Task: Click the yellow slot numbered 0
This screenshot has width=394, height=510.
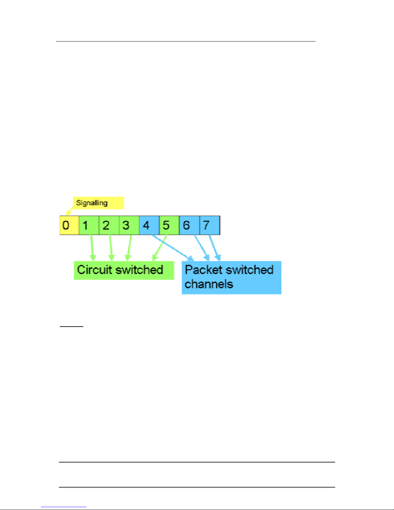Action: click(69, 225)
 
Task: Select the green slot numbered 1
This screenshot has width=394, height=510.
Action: click(89, 225)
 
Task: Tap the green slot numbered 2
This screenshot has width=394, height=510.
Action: click(109, 225)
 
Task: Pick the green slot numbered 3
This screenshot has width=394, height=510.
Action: click(129, 225)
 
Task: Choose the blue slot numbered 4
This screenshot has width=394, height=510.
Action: click(149, 225)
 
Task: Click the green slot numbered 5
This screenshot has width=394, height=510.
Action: click(169, 225)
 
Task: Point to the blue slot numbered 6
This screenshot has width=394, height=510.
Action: click(189, 225)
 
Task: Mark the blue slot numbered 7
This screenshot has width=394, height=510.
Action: click(210, 225)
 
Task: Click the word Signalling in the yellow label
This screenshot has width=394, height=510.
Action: click(92, 203)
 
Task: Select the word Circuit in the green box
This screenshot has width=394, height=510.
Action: click(94, 270)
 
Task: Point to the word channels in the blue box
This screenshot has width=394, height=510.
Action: click(209, 284)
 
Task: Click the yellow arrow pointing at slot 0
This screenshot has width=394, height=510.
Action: click(69, 210)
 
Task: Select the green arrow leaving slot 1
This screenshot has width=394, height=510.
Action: click(92, 248)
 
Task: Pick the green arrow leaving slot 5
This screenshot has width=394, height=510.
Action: click(160, 248)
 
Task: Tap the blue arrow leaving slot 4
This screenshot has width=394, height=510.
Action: click(173, 248)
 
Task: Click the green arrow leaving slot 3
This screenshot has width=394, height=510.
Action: click(129, 248)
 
